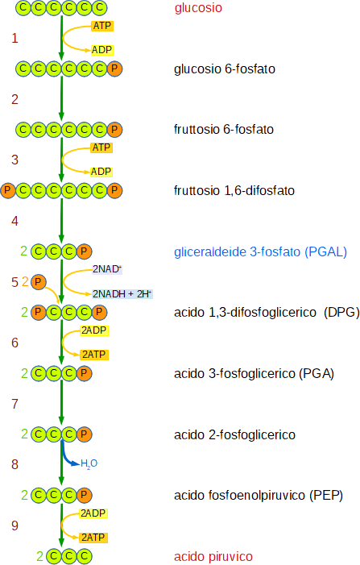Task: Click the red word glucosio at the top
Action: pos(198,8)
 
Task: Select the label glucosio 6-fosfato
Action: pos(225,69)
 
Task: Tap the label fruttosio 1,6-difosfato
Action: pos(234,190)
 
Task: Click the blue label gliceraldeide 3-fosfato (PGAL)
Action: pos(261,251)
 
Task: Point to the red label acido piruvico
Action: pos(213,556)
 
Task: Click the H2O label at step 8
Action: pos(89,463)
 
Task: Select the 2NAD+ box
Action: pos(107,269)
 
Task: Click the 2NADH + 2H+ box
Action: pos(122,294)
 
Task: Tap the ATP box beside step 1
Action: pos(102,26)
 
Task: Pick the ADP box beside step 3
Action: pos(101,172)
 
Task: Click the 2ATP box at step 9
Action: pos(93,538)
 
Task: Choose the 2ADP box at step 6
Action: pos(94,330)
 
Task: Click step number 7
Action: pos(14,404)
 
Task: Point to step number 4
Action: pos(14,221)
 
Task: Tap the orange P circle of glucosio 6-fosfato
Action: pos(114,69)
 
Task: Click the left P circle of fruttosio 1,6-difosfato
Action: pos(8,190)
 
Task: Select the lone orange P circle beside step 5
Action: pos(38,282)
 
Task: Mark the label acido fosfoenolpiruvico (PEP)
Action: pos(259,496)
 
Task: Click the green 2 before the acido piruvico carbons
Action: pos(40,556)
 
